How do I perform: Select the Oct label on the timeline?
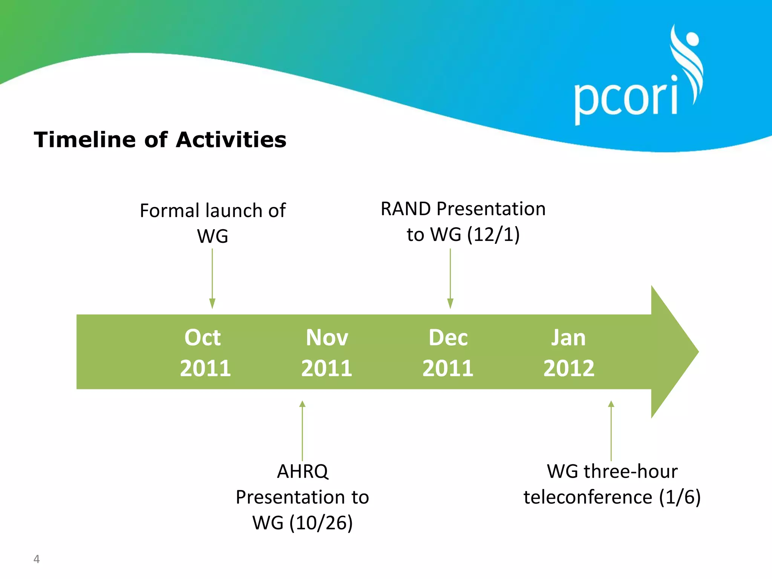[x=202, y=337]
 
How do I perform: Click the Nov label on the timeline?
[x=327, y=337]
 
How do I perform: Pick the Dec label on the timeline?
[x=448, y=337]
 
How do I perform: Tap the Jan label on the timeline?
[x=568, y=337]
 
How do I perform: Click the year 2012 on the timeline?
[x=568, y=368]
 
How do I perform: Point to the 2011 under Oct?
[x=205, y=368]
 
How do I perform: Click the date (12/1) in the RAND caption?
[x=493, y=234]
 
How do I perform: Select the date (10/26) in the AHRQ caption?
[x=321, y=523]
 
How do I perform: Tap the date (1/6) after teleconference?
[x=680, y=497]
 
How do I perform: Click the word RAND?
[x=406, y=209]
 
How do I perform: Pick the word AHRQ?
[x=303, y=471]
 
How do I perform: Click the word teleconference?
[x=588, y=497]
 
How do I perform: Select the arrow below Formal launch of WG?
[x=212, y=279]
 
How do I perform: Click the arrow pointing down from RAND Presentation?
[x=450, y=279]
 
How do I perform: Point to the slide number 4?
[x=37, y=559]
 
